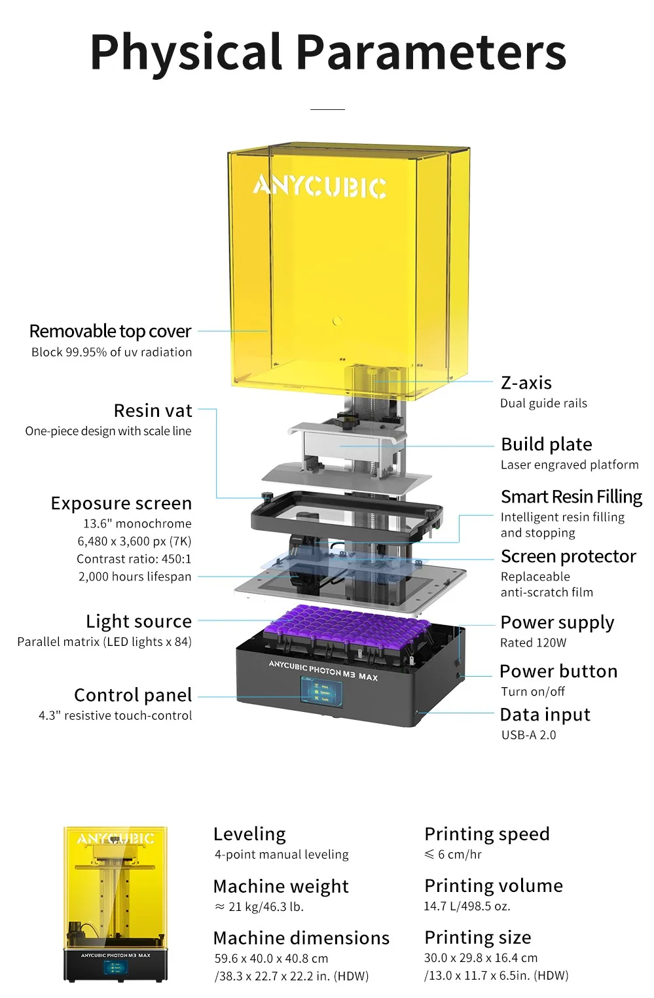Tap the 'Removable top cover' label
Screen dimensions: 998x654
click(110, 331)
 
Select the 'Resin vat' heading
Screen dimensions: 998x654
click(153, 411)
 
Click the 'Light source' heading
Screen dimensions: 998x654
click(139, 621)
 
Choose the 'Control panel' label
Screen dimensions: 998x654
click(133, 695)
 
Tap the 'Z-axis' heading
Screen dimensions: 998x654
click(526, 383)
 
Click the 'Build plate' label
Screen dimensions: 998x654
click(546, 444)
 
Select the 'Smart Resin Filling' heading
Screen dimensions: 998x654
click(571, 497)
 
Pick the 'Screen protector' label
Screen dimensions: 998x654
click(568, 556)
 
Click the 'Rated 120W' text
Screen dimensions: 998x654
click(533, 643)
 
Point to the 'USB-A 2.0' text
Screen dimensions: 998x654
click(528, 735)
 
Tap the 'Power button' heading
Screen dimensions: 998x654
click(558, 671)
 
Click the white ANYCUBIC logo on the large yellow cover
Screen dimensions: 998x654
click(320, 187)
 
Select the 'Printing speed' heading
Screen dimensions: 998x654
click(486, 834)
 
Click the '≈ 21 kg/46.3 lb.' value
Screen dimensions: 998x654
click(259, 907)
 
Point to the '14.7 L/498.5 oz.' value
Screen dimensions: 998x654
click(467, 906)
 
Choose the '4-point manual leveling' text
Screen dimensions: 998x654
click(282, 855)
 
